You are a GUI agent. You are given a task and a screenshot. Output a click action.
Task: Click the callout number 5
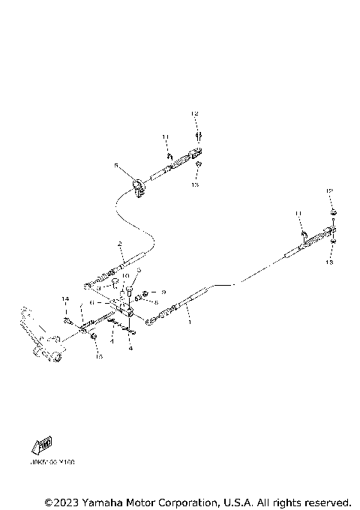coord(115,165)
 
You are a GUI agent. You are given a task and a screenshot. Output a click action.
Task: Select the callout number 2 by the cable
coord(119,244)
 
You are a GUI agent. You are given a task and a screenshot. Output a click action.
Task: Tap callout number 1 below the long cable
coord(189,322)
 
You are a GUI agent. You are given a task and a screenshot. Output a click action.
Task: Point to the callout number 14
coord(65,299)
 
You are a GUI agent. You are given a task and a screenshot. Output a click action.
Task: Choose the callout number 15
coord(97,356)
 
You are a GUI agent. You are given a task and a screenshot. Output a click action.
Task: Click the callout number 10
coord(125,276)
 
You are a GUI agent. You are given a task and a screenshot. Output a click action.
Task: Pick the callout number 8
coord(154,303)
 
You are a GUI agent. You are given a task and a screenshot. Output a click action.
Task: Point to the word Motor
coord(152,502)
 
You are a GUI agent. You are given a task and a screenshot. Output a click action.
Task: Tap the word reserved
coord(331,502)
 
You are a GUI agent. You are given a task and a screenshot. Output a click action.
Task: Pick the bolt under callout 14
coord(67,321)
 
